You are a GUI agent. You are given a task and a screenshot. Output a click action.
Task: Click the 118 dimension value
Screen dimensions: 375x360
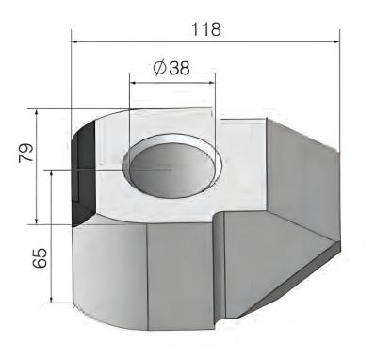206,29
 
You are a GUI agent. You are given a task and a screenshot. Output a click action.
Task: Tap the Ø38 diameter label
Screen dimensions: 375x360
171,68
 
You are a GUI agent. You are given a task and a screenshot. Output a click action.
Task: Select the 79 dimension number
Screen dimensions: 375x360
26,153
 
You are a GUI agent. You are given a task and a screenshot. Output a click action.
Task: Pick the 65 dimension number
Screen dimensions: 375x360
40,258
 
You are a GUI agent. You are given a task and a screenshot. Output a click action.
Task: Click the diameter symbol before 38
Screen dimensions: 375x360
159,68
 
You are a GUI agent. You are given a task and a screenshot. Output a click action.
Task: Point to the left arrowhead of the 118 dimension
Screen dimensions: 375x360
75,41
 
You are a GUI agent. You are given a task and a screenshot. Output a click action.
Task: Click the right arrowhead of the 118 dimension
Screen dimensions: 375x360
336,41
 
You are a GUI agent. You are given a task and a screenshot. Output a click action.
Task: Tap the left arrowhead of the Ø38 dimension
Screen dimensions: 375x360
133,83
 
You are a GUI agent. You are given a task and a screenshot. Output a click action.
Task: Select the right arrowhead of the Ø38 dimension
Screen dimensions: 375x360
211,83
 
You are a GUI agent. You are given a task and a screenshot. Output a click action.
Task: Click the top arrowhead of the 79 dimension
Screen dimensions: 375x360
37,113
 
